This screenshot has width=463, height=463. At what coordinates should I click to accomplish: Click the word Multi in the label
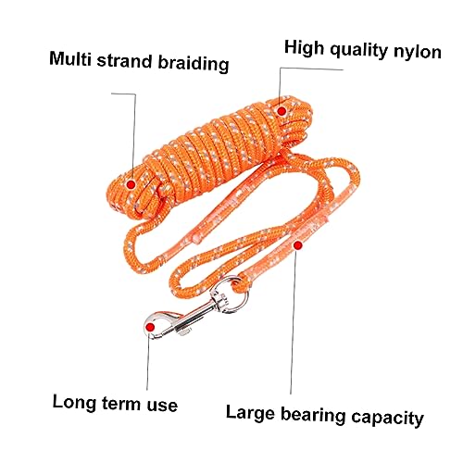point(70,58)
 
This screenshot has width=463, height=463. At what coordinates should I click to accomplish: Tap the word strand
point(125,61)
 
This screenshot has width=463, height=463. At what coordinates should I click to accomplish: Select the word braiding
point(194,64)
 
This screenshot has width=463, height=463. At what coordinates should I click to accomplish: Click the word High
point(305,47)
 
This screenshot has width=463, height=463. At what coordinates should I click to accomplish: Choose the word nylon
point(418,52)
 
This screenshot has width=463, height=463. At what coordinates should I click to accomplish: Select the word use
point(162,406)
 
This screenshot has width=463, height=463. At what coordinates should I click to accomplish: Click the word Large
point(250,413)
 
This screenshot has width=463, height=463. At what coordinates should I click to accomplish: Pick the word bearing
point(313,416)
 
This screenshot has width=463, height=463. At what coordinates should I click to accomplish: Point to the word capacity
point(388,419)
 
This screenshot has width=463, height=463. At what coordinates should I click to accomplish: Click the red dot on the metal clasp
point(150,327)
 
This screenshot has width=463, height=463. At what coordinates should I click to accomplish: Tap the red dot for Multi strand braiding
point(131,184)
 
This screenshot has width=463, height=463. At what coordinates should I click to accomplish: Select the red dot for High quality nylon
point(282,111)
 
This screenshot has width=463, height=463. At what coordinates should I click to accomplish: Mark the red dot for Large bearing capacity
point(297,245)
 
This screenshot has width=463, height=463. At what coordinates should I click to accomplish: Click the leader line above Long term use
point(148,363)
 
